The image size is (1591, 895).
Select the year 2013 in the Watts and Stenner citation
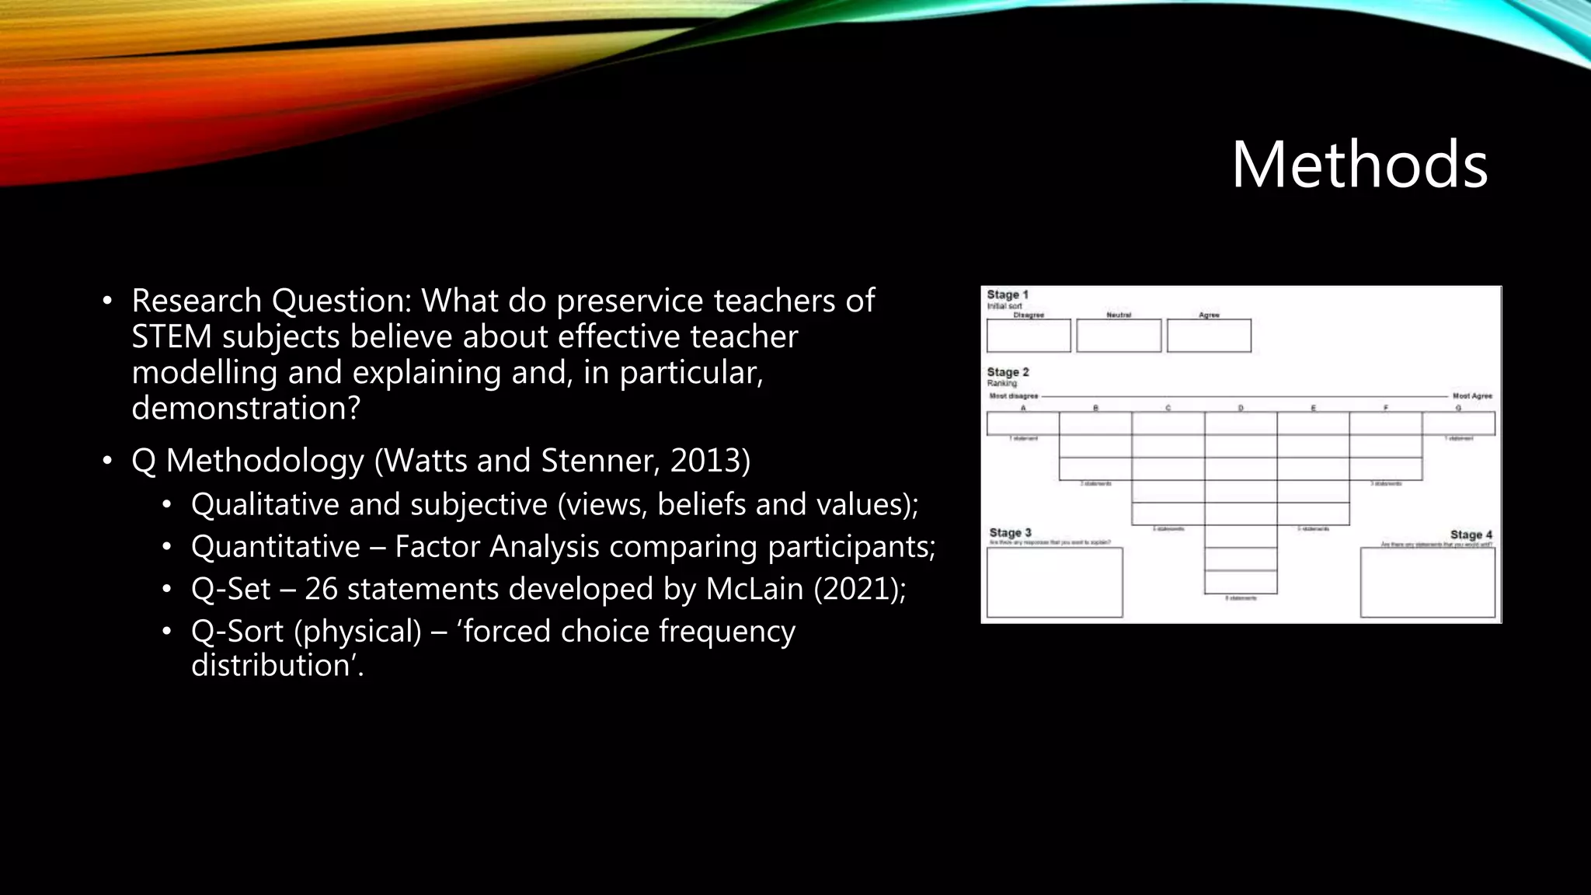coord(705,461)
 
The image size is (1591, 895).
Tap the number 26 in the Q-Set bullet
coord(321,589)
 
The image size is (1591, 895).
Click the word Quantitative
coord(275,547)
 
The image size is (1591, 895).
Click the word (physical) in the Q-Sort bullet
coord(357,631)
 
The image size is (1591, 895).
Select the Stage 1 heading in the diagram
coord(1008,295)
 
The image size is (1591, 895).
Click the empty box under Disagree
coord(1029,336)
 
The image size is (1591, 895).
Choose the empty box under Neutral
coord(1119,336)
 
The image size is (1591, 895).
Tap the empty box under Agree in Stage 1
coord(1209,336)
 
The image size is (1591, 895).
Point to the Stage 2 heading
coord(1008,372)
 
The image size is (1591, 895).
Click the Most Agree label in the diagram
coord(1472,396)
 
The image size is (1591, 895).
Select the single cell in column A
coord(1023,423)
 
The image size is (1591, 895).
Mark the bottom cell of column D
coord(1241,582)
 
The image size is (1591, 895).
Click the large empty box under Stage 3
coord(1054,583)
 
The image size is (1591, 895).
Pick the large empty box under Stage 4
coord(1428,583)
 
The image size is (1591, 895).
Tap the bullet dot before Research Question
coord(107,301)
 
